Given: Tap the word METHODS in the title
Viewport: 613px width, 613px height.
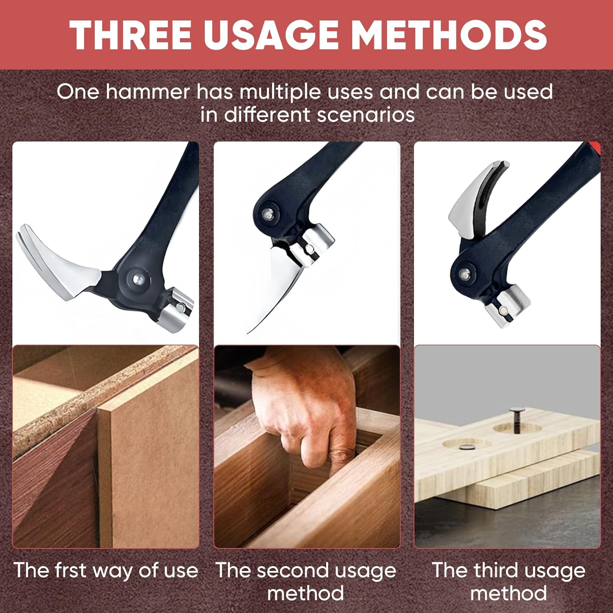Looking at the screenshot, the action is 449,34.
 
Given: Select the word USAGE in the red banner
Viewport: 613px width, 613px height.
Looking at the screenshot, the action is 271,34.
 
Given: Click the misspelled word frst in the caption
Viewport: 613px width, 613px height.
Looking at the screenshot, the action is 63,570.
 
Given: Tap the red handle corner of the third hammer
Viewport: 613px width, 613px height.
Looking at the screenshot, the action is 595,148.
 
